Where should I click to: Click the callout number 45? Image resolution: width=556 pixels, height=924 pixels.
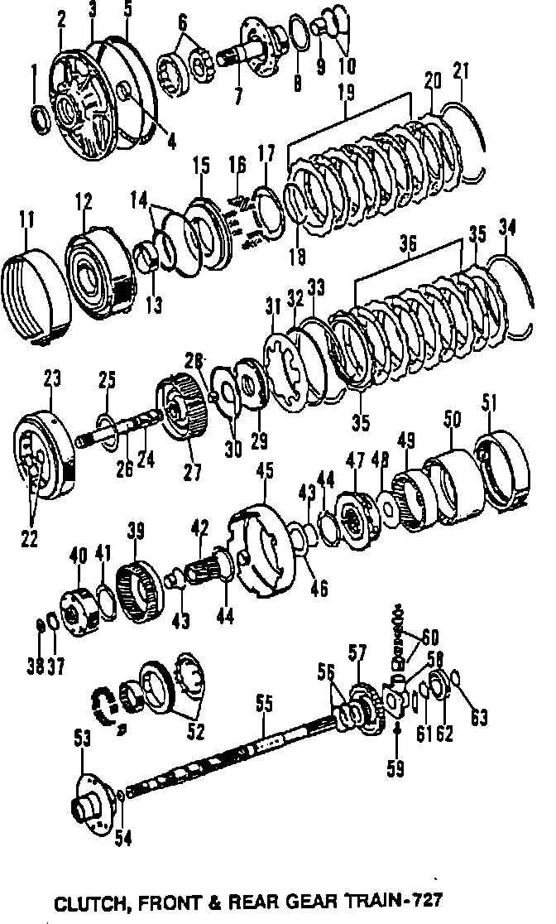(x=265, y=471)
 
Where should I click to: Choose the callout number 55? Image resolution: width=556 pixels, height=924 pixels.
(x=263, y=705)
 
